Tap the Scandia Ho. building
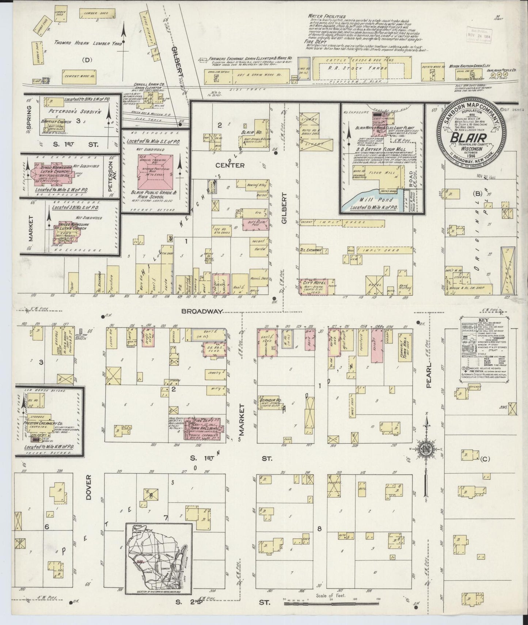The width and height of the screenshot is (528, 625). click(270, 401)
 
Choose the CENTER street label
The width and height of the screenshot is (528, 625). click(229, 166)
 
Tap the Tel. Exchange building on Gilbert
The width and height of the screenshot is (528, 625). click(311, 250)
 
